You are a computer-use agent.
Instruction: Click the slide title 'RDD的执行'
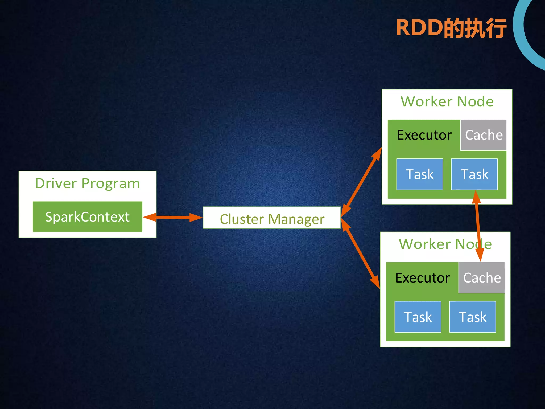point(451,28)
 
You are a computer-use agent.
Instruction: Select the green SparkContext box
point(87,217)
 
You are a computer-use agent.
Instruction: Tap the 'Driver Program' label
point(87,183)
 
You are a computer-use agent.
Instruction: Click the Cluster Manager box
point(272,218)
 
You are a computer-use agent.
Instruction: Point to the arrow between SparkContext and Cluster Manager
point(173,217)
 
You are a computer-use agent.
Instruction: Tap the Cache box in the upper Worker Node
point(484,135)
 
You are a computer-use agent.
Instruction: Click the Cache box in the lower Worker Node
point(482,278)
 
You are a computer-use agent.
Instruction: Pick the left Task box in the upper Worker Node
point(420,174)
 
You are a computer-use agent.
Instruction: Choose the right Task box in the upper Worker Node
point(474,174)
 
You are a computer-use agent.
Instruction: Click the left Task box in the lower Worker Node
point(418,317)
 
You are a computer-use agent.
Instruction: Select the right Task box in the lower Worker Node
point(473,317)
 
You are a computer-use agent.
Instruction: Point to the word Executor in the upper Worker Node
point(424,135)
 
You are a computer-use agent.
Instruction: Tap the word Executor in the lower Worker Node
point(423,278)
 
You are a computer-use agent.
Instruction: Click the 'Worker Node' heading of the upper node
point(447,101)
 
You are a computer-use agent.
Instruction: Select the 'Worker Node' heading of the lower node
point(445,244)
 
